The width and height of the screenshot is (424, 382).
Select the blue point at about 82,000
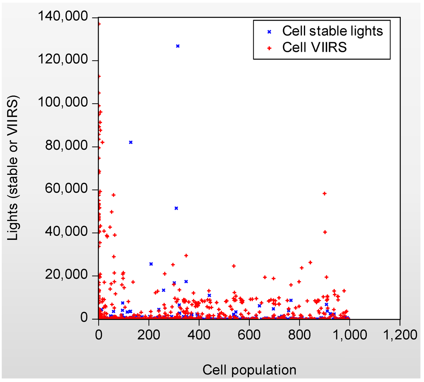point(131,142)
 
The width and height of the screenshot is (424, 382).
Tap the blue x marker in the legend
point(269,31)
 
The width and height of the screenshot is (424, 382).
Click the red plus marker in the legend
point(269,48)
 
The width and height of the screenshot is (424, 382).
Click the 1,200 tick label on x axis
point(400,334)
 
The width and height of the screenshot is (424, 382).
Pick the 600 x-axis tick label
point(249,334)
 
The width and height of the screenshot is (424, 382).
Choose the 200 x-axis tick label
point(149,334)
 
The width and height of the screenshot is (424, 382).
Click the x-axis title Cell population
point(249,369)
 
